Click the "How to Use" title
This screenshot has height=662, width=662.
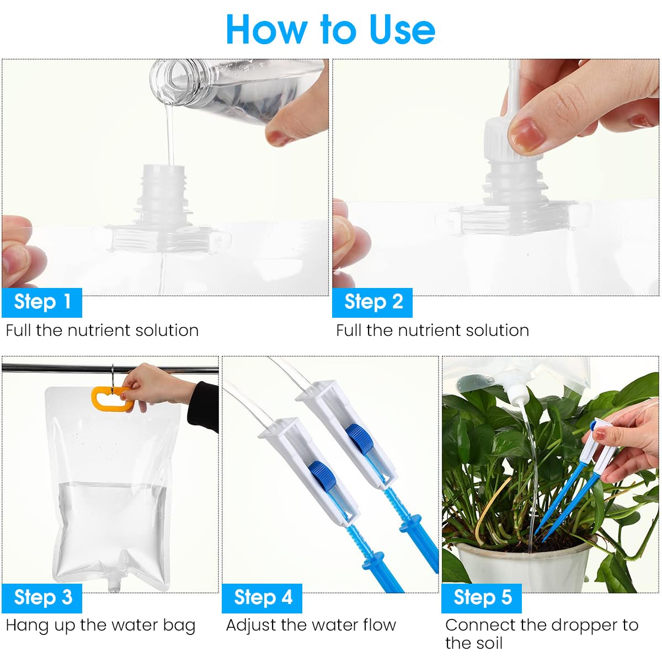pyautogui.click(x=330, y=29)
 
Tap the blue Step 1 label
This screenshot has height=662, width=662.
pyautogui.click(x=42, y=302)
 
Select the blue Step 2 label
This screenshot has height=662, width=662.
pyautogui.click(x=372, y=302)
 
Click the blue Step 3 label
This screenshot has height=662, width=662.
pyautogui.click(x=42, y=597)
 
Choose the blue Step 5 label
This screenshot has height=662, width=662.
pyautogui.click(x=482, y=597)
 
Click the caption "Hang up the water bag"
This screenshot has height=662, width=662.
pyautogui.click(x=100, y=626)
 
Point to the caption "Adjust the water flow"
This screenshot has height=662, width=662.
pyautogui.click(x=311, y=626)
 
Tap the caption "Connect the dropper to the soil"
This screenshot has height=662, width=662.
pyautogui.click(x=541, y=633)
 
